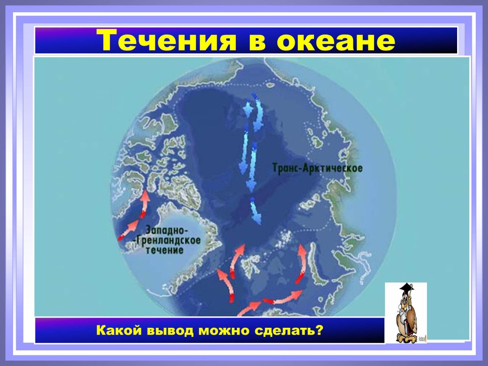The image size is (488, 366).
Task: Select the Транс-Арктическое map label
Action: (317, 168)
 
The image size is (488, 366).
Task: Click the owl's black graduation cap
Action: (407, 288)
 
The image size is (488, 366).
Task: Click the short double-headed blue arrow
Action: (248, 109)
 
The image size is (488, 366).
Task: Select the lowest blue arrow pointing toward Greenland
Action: (255, 210)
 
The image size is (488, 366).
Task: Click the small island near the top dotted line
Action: (270, 85)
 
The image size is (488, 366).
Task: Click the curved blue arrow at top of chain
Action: (258, 113)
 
